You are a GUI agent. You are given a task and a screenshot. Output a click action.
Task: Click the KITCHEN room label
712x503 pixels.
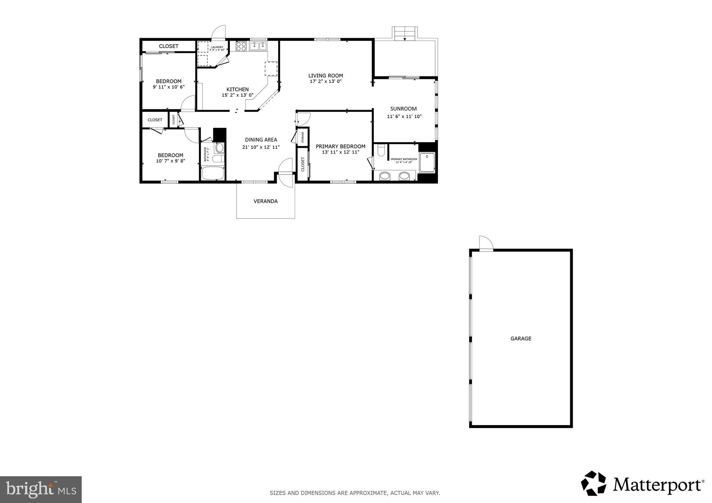tap(237, 89)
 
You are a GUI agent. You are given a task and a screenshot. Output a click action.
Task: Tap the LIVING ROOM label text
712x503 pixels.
tap(325, 75)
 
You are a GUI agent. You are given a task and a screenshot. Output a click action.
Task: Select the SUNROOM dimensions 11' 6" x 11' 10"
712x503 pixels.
tap(404, 116)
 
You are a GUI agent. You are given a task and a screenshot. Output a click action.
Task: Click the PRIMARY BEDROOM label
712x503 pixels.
tap(340, 146)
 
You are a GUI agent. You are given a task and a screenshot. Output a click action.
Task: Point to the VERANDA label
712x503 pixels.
tap(266, 201)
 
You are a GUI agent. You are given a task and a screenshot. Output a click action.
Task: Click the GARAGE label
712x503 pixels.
tap(520, 338)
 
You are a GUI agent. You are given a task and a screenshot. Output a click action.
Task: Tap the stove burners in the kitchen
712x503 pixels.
tap(241, 46)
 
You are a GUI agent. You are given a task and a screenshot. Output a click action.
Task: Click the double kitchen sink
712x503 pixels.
tap(258, 46)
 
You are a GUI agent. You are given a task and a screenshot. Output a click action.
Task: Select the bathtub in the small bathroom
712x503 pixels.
tap(213, 173)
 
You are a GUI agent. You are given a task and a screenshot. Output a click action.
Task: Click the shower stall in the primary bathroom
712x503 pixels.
tap(427, 163)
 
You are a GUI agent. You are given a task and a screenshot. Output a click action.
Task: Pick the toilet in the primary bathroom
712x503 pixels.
tap(381, 151)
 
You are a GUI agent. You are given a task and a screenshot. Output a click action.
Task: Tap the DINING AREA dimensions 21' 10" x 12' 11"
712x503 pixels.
tap(261, 147)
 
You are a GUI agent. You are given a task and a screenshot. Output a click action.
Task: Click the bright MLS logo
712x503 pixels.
tap(41, 490)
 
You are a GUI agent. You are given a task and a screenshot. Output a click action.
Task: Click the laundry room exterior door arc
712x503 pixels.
tap(219, 31)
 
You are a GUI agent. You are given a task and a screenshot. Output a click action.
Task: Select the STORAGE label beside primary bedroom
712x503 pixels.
tap(302, 137)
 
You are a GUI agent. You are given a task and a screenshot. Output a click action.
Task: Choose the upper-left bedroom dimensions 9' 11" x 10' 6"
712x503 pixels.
tap(169, 87)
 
